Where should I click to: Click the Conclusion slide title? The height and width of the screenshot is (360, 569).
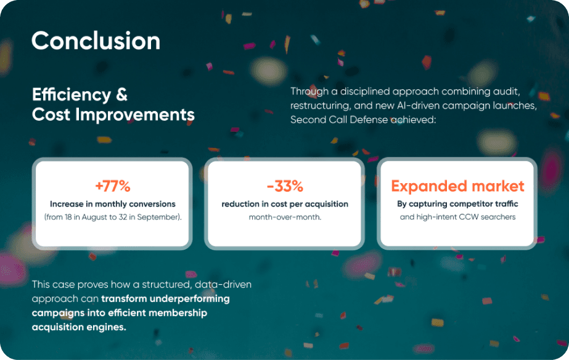(x=96, y=41)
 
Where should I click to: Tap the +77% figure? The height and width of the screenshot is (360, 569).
(x=112, y=186)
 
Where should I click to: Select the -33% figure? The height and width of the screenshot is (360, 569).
(x=284, y=186)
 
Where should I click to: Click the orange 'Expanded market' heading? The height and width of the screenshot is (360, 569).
(x=457, y=186)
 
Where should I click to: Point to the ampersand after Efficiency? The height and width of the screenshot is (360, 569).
(x=121, y=95)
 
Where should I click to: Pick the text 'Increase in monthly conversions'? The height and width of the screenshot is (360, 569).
(x=113, y=204)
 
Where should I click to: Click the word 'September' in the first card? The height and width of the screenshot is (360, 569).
(x=159, y=217)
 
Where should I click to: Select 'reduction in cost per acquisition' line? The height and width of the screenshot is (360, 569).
(x=285, y=204)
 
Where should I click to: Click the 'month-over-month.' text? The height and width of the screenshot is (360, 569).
(x=285, y=217)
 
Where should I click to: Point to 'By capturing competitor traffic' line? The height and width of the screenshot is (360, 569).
(x=457, y=204)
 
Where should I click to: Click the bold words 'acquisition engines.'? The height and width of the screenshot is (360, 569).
(x=79, y=327)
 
